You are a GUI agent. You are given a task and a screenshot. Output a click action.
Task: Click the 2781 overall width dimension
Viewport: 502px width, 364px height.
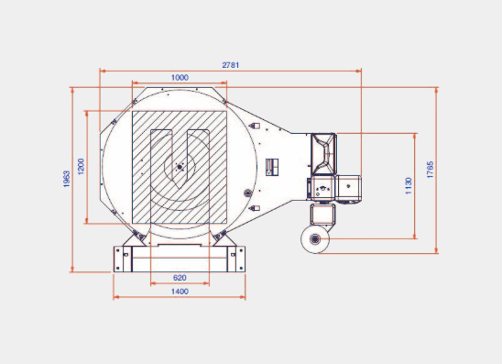coord(231,65)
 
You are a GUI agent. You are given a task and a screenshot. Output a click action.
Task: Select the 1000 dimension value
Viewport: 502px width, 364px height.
coord(180,78)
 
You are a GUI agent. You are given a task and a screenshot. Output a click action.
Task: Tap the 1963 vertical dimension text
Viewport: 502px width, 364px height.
coord(67,179)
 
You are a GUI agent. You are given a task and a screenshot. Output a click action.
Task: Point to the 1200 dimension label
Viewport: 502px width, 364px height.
coord(81,166)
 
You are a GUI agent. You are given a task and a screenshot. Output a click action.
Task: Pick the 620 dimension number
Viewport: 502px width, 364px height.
coord(180,278)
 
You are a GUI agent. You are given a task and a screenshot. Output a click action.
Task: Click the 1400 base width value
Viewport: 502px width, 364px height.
coord(180,292)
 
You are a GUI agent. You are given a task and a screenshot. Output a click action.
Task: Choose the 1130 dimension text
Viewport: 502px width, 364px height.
coord(409,186)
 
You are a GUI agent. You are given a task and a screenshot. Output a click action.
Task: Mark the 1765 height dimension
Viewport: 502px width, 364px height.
coord(430,170)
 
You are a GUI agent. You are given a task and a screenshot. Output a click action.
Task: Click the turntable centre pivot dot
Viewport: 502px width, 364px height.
coord(180,167)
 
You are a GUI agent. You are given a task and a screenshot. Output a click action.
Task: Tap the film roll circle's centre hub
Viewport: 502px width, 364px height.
coord(315,239)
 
